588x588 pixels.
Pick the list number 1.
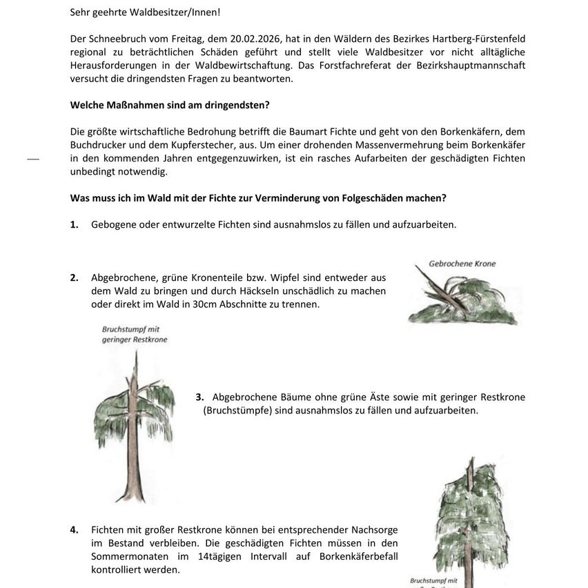pyautogui.click(x=74, y=225)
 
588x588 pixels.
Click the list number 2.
pyautogui.click(x=74, y=278)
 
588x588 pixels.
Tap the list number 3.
pyautogui.click(x=199, y=397)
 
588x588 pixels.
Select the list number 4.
pyautogui.click(x=74, y=530)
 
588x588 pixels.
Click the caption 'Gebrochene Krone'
pyautogui.click(x=462, y=264)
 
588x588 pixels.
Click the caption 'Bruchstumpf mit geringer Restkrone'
pyautogui.click(x=135, y=335)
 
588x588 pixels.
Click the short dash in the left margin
pyautogui.click(x=33, y=159)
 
